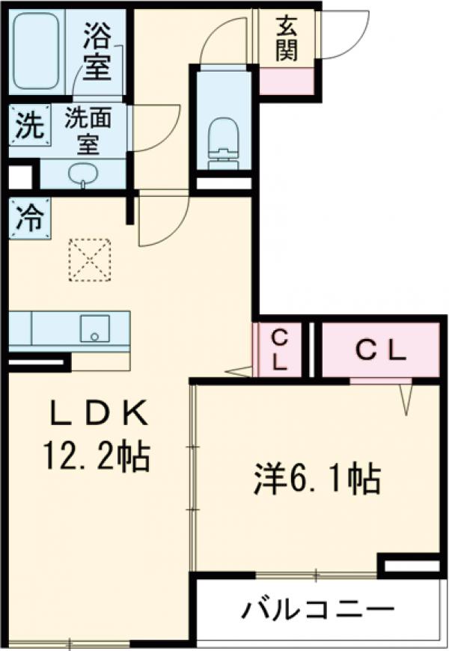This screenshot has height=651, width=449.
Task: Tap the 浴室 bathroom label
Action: point(97,51)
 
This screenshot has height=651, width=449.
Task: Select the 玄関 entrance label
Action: point(286,38)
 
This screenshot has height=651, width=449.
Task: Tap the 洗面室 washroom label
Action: point(88,130)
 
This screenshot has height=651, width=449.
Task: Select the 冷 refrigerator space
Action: point(29,216)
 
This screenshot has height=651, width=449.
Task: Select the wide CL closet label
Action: point(379,349)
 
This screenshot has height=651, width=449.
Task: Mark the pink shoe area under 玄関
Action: point(286,79)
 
